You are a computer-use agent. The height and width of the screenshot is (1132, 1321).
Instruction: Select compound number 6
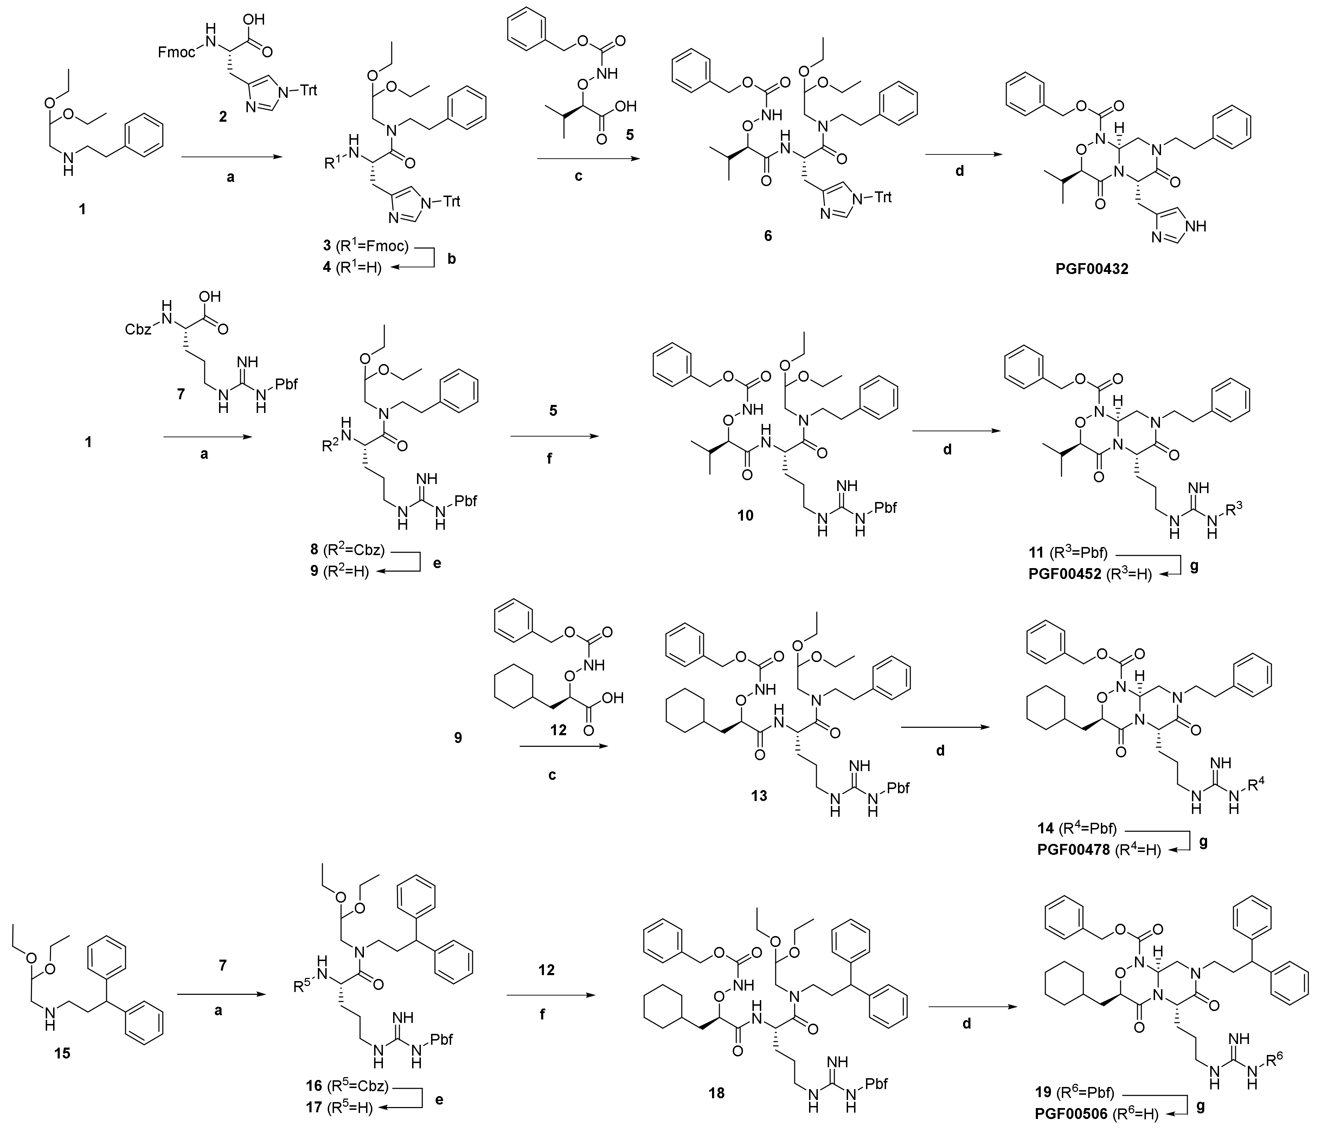pyautogui.click(x=768, y=236)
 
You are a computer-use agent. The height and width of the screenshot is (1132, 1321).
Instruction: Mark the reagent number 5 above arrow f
pyautogui.click(x=553, y=411)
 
